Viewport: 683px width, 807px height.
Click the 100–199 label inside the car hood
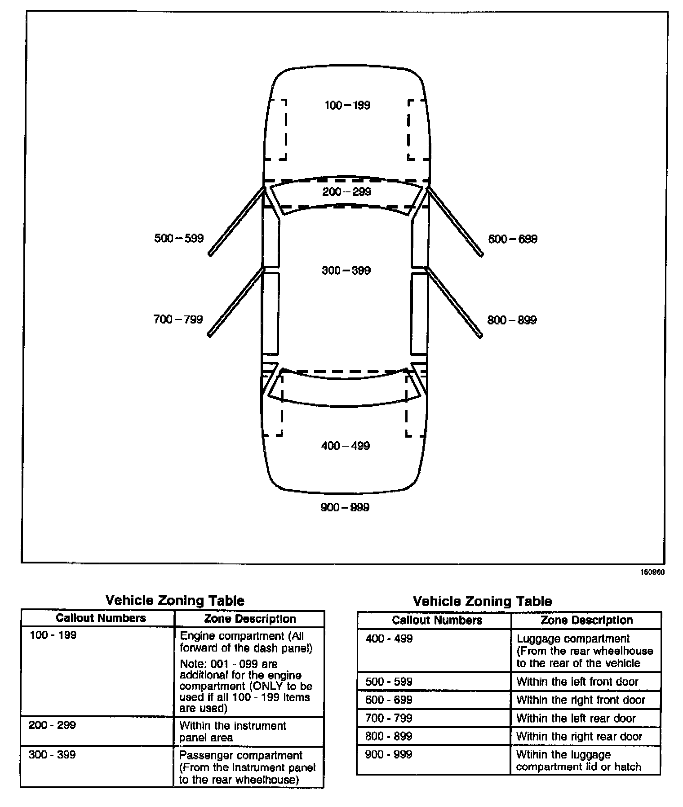click(347, 105)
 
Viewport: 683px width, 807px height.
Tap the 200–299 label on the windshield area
click(347, 192)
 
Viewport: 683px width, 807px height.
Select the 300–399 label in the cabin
click(346, 270)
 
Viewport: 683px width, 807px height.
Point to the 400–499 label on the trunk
click(345, 446)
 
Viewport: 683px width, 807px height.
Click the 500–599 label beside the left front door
click(179, 238)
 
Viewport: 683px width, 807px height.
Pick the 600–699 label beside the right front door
click(513, 239)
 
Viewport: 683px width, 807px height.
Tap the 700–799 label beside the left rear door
click(178, 319)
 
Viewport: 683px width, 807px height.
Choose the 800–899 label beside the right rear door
click(512, 320)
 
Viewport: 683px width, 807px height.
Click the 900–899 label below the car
click(345, 507)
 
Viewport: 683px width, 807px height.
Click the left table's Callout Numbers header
click(101, 618)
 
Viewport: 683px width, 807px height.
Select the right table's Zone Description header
click(586, 620)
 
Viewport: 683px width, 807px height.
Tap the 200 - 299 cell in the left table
click(52, 725)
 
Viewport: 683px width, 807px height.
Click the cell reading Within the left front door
click(577, 682)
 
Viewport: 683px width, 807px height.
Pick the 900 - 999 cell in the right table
click(389, 754)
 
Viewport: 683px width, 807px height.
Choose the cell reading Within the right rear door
click(579, 736)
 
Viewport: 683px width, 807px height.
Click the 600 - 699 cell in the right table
click(389, 700)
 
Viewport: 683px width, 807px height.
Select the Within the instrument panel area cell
click(232, 731)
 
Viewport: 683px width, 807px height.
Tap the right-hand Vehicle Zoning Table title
click(482, 601)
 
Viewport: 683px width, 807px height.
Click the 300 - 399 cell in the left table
click(52, 754)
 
